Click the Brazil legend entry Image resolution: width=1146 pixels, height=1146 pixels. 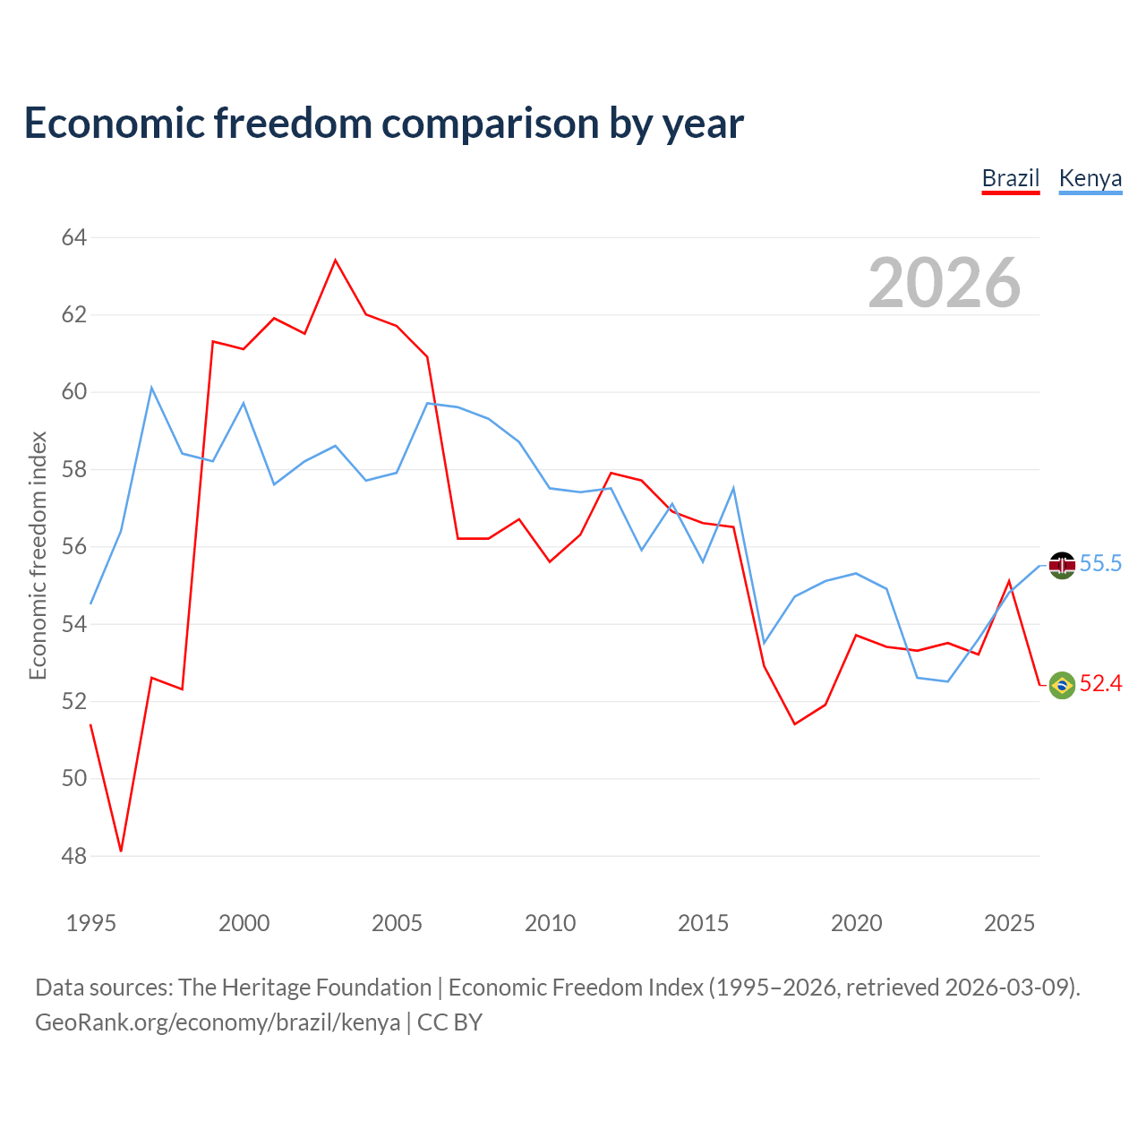(x=1010, y=179)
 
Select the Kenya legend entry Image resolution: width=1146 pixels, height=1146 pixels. (x=1090, y=179)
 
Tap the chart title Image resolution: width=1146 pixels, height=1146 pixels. (x=383, y=124)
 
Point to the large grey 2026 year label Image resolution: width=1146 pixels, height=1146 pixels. (x=945, y=283)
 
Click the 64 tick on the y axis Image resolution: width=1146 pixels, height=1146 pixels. (x=73, y=238)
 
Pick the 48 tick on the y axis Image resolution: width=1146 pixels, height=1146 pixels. (x=73, y=857)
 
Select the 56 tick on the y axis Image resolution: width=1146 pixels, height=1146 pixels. (x=73, y=546)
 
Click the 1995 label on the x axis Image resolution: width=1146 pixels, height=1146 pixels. (x=91, y=924)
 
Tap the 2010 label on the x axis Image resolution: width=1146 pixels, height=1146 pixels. (x=550, y=924)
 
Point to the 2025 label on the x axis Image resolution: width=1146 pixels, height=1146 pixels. (x=1009, y=924)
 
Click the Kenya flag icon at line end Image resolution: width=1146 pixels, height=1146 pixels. (x=1062, y=566)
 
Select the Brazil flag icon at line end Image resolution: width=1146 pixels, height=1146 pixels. (x=1062, y=685)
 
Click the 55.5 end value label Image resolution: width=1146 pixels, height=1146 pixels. (x=1100, y=563)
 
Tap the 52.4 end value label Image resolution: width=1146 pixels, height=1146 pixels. (x=1101, y=683)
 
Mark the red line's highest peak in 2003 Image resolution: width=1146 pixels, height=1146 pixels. (x=336, y=260)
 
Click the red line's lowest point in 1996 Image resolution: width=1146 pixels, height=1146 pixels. (x=122, y=851)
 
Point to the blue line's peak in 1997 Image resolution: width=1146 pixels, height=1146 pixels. (x=151, y=388)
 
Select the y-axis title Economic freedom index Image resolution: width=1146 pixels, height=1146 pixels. (x=38, y=555)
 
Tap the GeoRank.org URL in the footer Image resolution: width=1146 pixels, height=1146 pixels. (x=218, y=1023)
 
